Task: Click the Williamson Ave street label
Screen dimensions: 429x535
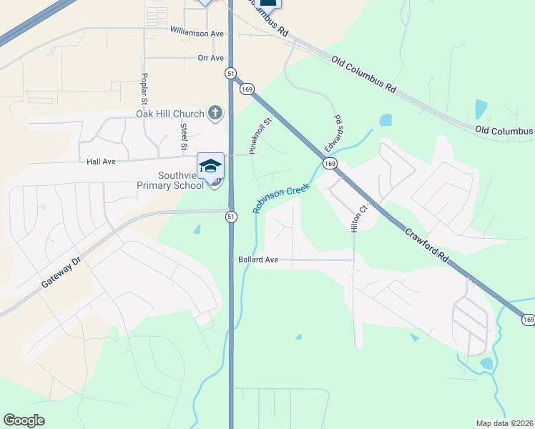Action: (197, 33)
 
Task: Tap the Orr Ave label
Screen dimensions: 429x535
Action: (211, 58)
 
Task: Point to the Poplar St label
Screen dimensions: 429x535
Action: (144, 87)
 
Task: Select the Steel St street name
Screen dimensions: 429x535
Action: (184, 136)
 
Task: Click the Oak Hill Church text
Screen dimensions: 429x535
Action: (170, 114)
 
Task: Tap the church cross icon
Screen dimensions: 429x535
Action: (215, 113)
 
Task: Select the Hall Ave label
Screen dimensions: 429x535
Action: (101, 162)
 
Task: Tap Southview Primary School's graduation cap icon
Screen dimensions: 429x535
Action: (210, 166)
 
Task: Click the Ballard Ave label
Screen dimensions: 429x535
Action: (257, 260)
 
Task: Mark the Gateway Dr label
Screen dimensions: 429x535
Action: (62, 272)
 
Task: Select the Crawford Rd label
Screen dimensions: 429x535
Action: (426, 244)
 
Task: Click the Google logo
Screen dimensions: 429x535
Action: (24, 420)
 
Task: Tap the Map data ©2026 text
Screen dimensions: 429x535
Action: (504, 423)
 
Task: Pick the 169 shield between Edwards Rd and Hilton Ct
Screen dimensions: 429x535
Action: (330, 164)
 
